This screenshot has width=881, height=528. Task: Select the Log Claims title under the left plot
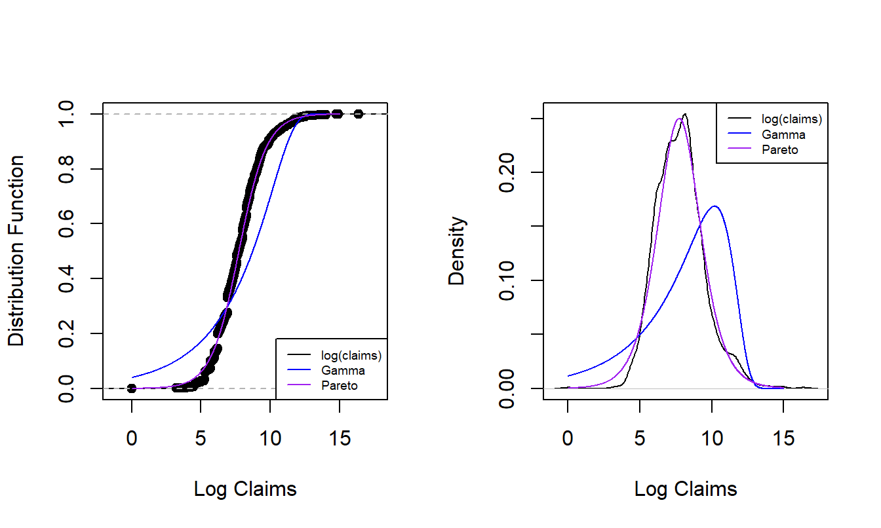coord(245,489)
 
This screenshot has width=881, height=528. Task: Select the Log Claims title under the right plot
coord(686,489)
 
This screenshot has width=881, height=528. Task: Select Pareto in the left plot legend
coord(340,385)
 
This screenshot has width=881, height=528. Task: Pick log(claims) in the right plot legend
coord(791,119)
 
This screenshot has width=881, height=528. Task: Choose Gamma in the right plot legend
coord(783,134)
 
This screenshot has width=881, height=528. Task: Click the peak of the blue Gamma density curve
coord(715,206)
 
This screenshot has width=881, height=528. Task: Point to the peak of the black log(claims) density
coord(685,115)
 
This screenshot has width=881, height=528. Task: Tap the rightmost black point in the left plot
coord(358,114)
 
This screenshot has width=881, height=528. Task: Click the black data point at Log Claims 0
coord(132,388)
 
